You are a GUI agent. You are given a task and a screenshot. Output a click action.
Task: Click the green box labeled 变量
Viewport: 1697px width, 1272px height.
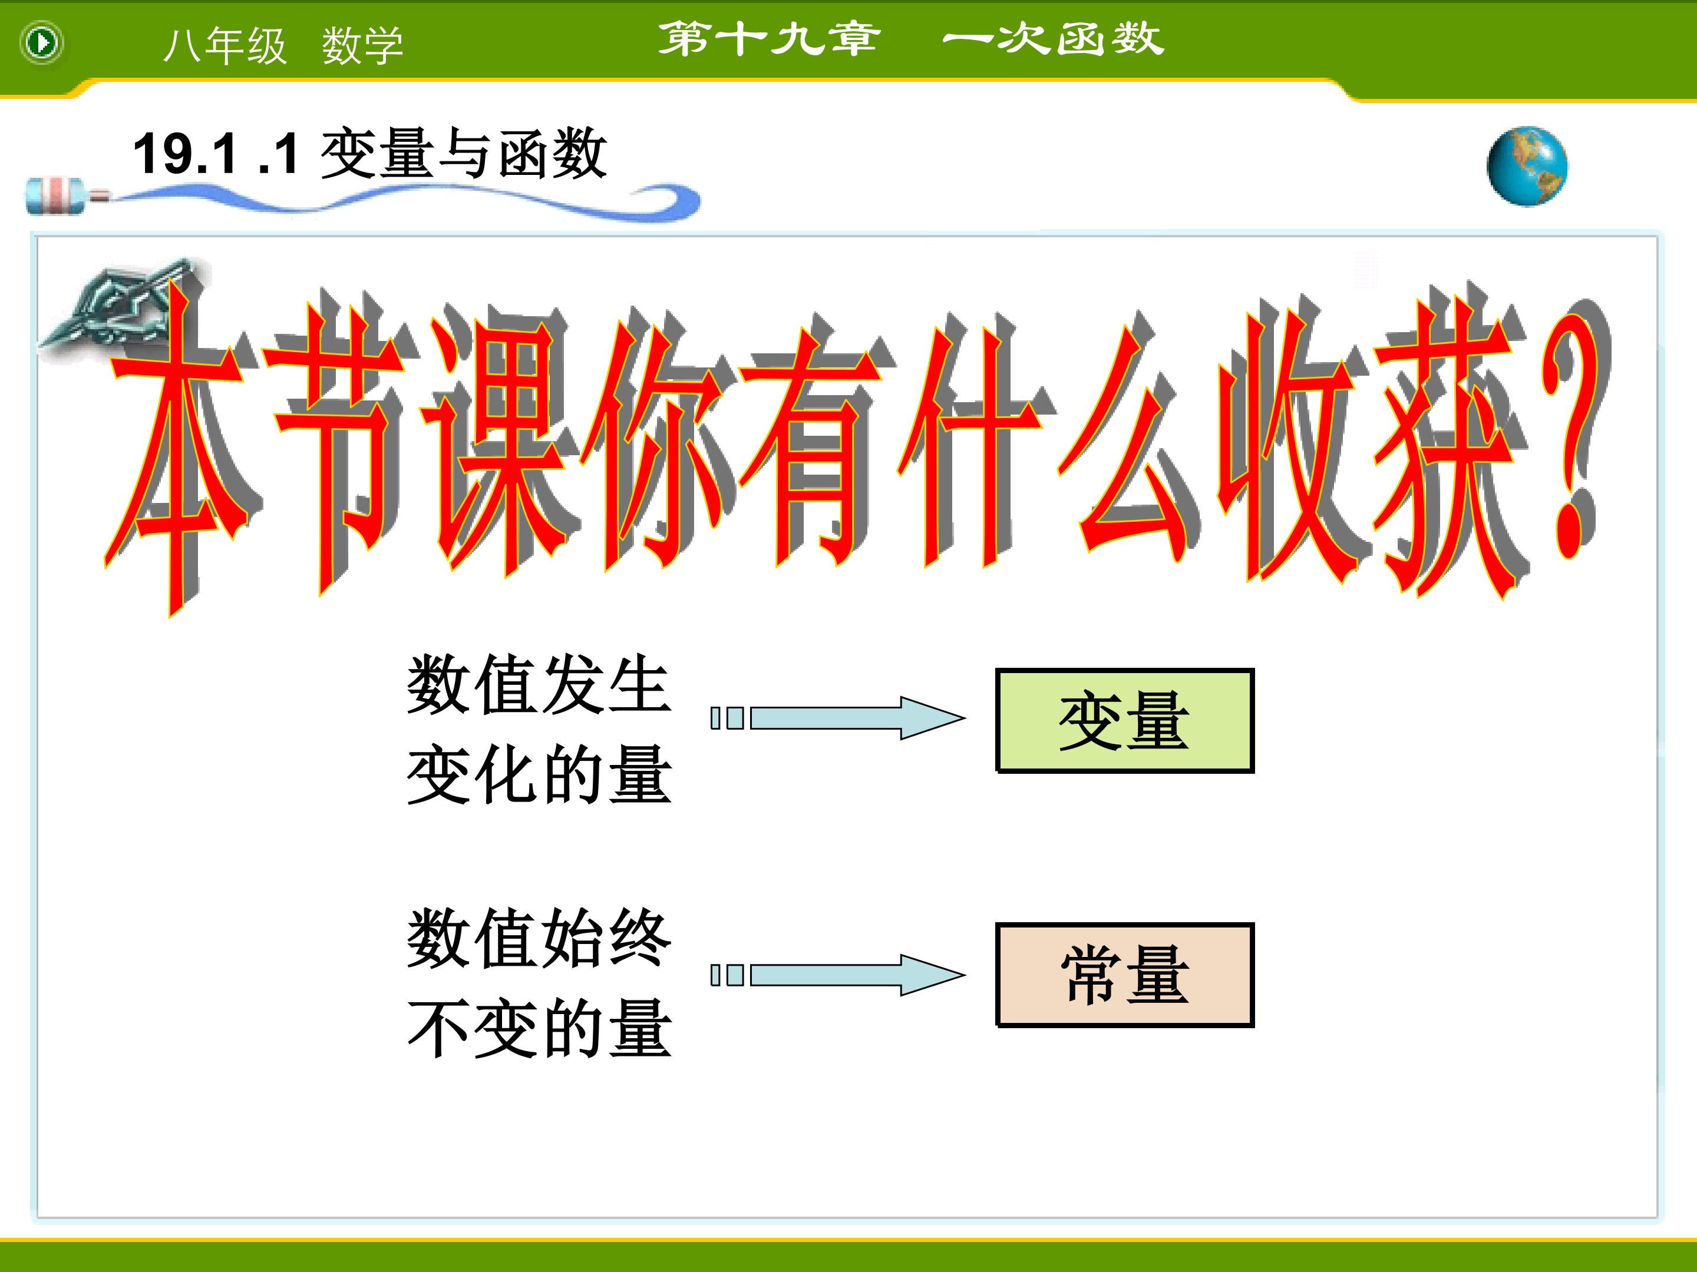(x=1125, y=721)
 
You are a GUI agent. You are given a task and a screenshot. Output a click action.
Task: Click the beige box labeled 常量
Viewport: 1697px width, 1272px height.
(x=1125, y=975)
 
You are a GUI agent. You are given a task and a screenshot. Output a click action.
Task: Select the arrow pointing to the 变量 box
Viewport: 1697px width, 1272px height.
(x=838, y=718)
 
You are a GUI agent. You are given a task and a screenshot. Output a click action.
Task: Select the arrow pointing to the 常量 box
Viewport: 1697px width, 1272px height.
(x=838, y=975)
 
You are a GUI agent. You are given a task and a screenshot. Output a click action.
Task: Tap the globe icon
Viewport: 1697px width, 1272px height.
(x=1527, y=165)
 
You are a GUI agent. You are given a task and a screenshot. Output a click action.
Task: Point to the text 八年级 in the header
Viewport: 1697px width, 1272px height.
(x=224, y=46)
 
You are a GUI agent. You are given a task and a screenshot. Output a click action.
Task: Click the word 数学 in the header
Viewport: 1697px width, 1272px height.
(x=362, y=46)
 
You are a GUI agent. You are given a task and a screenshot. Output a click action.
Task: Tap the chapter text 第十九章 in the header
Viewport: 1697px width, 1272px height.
(x=770, y=38)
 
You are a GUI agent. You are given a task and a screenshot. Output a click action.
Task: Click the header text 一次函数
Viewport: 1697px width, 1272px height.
(x=1054, y=38)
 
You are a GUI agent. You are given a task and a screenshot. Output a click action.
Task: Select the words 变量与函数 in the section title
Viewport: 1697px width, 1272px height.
(x=463, y=154)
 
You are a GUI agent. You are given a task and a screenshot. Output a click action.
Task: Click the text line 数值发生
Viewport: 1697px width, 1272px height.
(x=539, y=685)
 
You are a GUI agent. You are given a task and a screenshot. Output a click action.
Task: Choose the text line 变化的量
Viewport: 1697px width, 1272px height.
(x=539, y=774)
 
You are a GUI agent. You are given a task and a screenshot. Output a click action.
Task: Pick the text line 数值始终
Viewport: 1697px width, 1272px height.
(x=539, y=939)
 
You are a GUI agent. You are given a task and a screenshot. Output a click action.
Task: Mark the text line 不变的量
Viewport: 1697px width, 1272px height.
(x=539, y=1028)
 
